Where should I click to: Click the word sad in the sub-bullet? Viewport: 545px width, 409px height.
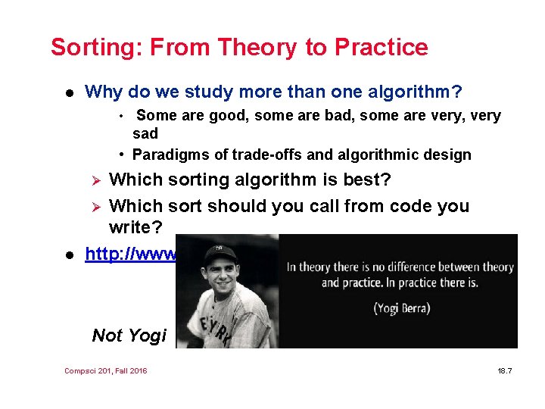[x=145, y=134]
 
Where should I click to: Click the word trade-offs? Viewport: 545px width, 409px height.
[x=267, y=155]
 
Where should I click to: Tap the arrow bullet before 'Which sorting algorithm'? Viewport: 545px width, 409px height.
[x=95, y=180]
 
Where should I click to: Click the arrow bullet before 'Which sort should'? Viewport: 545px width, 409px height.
[x=95, y=207]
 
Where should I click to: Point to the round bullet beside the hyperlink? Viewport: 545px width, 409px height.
[x=69, y=254]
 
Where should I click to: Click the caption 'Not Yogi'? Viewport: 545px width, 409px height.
[x=129, y=336]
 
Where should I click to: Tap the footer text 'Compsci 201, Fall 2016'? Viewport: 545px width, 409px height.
[x=106, y=370]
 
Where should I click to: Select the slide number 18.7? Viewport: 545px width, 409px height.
[x=505, y=370]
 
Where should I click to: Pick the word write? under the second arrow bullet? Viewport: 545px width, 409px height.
[x=134, y=227]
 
